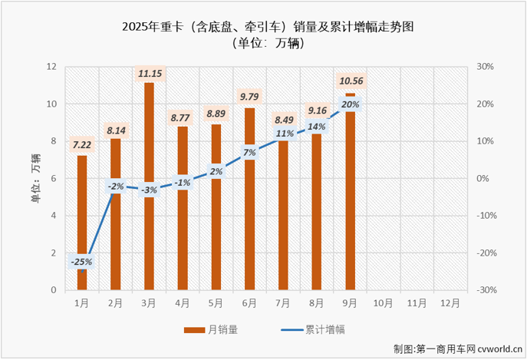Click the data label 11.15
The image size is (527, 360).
coord(149,74)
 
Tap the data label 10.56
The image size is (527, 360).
coord(351,81)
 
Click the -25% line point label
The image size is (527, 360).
coord(81,262)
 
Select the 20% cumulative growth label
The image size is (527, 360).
coord(351,105)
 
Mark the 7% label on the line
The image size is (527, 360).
coord(249,153)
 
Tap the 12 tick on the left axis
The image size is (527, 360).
coord(51,67)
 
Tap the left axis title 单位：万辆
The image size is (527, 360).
coord(35,178)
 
